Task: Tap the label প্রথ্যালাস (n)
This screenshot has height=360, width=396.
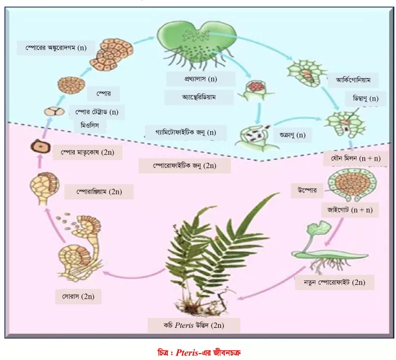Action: pyautogui.click(x=201, y=79)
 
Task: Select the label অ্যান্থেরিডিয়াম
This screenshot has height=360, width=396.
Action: pyautogui.click(x=199, y=97)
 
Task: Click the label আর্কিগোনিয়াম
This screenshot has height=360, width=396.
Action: pyautogui.click(x=353, y=80)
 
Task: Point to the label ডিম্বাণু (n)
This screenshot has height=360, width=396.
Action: pyautogui.click(x=365, y=98)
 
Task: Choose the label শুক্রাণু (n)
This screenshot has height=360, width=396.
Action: pyautogui.click(x=293, y=135)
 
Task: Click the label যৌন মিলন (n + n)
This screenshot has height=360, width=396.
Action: pyautogui.click(x=355, y=158)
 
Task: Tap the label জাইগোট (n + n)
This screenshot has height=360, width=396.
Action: pyautogui.click(x=350, y=210)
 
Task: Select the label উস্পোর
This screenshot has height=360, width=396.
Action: pyautogui.click(x=307, y=190)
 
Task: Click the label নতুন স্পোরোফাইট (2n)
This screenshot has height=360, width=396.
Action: pyautogui.click(x=335, y=282)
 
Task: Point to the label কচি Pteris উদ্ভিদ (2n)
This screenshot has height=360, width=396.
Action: pyautogui.click(x=194, y=325)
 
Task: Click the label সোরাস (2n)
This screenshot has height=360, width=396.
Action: pyautogui.click(x=78, y=296)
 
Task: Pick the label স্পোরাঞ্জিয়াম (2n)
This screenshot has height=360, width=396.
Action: pyautogui.click(x=99, y=192)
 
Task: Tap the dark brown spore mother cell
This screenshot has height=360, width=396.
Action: pyautogui.click(x=40, y=146)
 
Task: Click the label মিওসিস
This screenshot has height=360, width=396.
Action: pyautogui.click(x=90, y=126)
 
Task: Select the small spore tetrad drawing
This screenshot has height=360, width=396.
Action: pyautogui.click(x=54, y=111)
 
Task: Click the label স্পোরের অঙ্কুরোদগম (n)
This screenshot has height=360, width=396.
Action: pyautogui.click(x=56, y=47)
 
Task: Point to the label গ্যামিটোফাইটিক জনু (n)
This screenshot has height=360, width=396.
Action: pyautogui.click(x=186, y=133)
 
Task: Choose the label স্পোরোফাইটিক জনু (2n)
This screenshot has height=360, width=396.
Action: pyautogui.click(x=185, y=166)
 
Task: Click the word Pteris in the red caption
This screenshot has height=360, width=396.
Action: pyautogui.click(x=187, y=352)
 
